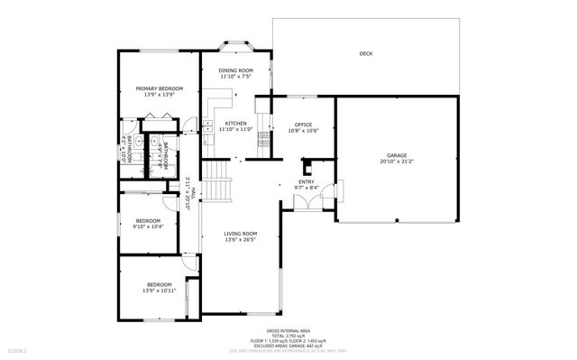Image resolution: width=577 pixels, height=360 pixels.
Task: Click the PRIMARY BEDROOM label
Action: (160, 88)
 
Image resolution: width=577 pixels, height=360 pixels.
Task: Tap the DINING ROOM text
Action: (235, 70)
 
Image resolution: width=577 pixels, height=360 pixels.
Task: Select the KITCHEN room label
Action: (235, 124)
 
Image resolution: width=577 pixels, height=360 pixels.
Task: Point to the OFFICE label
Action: (303, 125)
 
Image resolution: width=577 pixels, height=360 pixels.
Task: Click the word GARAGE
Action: (398, 155)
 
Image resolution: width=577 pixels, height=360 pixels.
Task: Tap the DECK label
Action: (365, 54)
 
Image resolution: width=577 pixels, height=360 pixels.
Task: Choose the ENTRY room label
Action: (307, 181)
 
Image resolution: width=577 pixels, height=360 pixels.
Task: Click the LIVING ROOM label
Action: (241, 234)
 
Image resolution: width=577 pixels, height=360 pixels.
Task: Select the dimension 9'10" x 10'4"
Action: (148, 226)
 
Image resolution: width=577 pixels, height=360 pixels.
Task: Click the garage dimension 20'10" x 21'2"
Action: (398, 162)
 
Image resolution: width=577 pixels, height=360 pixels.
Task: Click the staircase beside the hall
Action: (215, 180)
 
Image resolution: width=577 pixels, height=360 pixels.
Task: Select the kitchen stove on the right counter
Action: (262, 139)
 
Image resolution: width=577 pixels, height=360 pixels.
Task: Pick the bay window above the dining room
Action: (236, 46)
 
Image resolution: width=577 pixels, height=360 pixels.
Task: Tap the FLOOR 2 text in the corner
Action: (18, 349)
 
